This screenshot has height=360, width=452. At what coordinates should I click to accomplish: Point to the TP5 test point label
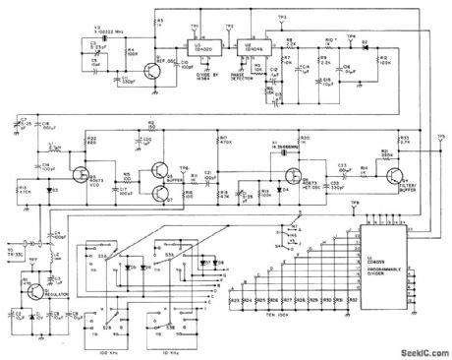click(440, 138)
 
